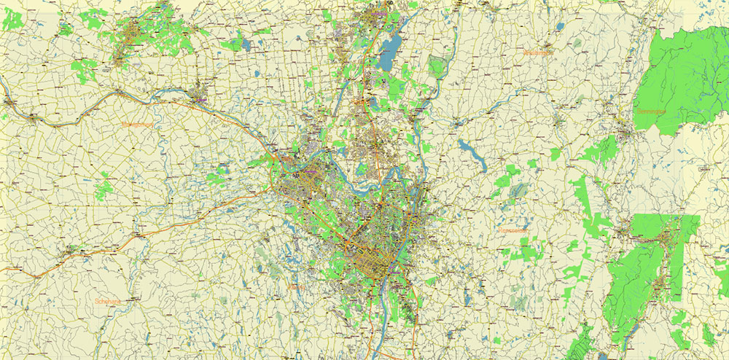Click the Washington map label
point(538,53)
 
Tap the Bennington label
point(652,112)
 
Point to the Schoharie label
point(107,301)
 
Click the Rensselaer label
point(512,230)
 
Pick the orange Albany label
point(297,288)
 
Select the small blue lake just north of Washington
point(558,27)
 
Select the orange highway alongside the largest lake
point(375,51)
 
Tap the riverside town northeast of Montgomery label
point(198,93)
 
